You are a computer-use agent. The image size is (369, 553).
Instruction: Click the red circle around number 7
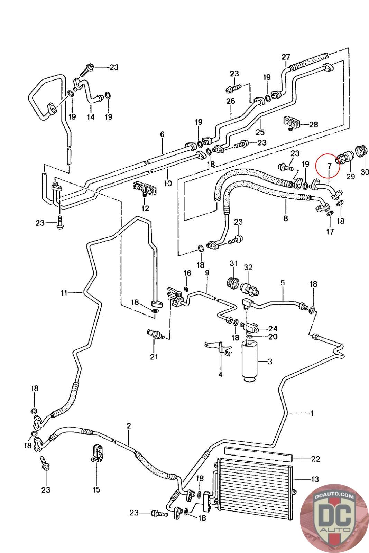(328, 166)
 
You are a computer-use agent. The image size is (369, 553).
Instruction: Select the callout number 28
(314, 124)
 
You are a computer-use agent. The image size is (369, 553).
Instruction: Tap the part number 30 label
(365, 172)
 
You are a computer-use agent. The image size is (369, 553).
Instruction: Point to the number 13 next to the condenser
(315, 479)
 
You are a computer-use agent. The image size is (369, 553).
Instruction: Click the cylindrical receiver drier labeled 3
(249, 361)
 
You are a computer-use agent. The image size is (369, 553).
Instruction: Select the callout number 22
(315, 459)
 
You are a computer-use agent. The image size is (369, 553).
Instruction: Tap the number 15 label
(96, 489)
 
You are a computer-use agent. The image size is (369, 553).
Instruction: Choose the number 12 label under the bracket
(145, 208)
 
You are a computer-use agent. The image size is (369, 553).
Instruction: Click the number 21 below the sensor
(154, 357)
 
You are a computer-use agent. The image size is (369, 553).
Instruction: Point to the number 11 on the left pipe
(64, 293)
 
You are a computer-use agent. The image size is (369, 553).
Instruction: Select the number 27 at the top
(286, 57)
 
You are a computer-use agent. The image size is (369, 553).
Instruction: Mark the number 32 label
(248, 267)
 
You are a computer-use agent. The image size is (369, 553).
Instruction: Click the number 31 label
(234, 263)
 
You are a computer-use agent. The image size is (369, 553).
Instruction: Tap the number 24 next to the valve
(273, 328)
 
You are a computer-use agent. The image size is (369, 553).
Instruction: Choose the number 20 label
(273, 336)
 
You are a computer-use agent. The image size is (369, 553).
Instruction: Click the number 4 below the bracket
(220, 374)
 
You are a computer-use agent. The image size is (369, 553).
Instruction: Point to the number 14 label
(91, 117)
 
